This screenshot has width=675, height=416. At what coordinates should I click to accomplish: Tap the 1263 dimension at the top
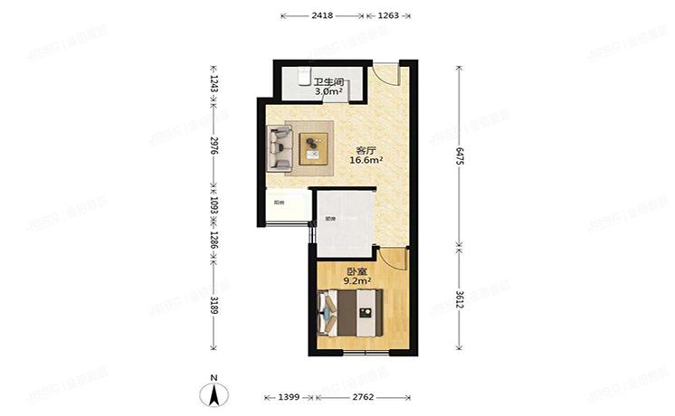(388, 15)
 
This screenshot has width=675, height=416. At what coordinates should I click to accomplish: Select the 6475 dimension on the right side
(461, 156)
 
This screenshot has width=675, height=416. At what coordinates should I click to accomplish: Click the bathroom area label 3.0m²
(328, 90)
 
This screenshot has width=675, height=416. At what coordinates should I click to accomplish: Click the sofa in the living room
(280, 147)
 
